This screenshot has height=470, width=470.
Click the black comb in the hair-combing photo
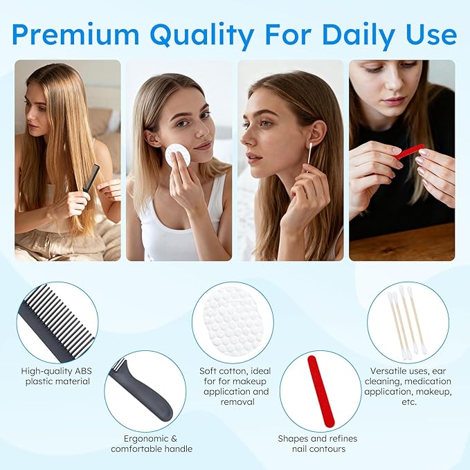(91, 179)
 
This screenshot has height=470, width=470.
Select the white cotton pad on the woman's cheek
(177, 155)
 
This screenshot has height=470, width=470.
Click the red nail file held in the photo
(410, 151)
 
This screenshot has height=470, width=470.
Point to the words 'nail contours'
(320, 449)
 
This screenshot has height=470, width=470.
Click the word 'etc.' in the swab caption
(408, 401)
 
